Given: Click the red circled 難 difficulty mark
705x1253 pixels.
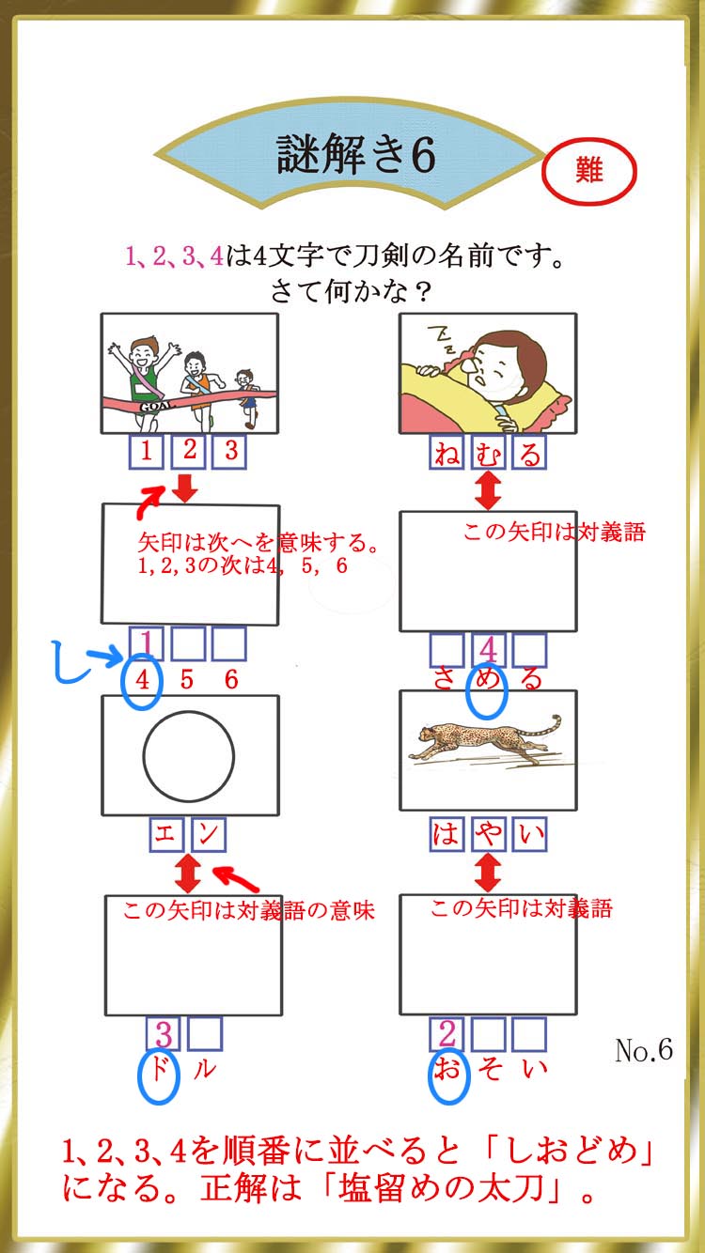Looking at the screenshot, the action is (x=589, y=171).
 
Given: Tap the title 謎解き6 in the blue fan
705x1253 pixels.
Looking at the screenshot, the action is (x=356, y=154).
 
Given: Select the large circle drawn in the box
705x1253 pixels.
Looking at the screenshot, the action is (x=189, y=756).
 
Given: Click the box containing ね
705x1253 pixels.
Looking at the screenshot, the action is (x=446, y=452).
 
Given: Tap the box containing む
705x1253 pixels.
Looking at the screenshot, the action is (x=488, y=452).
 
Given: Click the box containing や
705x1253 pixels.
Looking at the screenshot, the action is (x=488, y=834).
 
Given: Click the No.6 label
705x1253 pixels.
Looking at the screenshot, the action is (x=644, y=1050).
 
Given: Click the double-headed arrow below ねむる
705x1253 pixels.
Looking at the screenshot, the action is (x=488, y=489).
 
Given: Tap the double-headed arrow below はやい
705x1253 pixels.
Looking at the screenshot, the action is (x=488, y=872).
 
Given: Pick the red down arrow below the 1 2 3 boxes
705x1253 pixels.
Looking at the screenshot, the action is (x=185, y=487).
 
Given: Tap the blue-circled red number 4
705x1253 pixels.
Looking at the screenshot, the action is (x=143, y=680).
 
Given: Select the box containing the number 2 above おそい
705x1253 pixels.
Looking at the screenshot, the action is (x=446, y=1034).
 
